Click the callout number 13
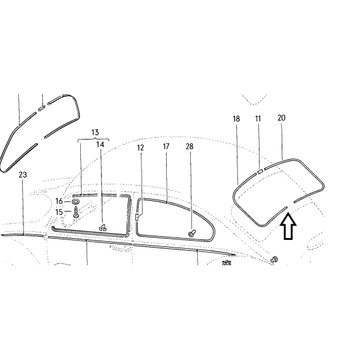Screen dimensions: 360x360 [95, 133]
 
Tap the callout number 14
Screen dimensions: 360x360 [100, 145]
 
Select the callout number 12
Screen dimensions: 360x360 [140, 148]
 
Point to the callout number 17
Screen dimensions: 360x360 [166, 147]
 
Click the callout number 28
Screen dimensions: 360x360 [189, 147]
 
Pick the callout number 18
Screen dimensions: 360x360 [236, 119]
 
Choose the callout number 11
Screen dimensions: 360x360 [258, 119]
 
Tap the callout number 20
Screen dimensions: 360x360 [282, 117]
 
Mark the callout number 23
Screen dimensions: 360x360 [23, 175]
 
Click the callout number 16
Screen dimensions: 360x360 [59, 201]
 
